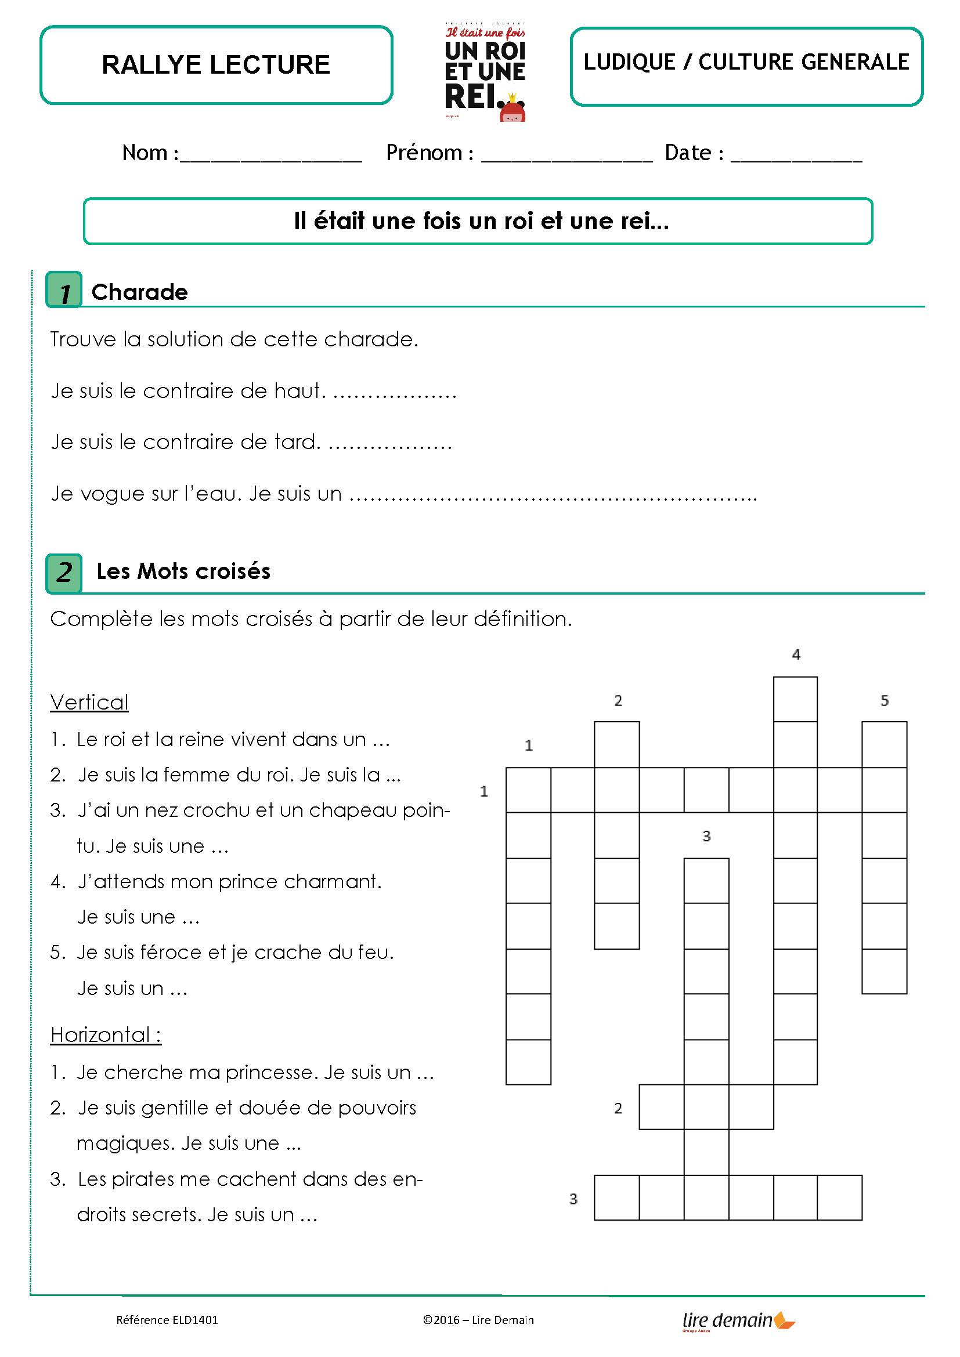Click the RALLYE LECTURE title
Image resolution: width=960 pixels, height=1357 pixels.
(x=216, y=65)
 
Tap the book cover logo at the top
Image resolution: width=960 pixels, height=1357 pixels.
(x=485, y=72)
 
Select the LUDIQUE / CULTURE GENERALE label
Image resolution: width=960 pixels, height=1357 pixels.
(x=746, y=62)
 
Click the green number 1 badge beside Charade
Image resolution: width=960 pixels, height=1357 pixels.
(x=64, y=290)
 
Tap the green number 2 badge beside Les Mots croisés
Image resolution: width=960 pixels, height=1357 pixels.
(x=64, y=573)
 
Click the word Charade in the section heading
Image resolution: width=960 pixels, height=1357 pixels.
(x=139, y=292)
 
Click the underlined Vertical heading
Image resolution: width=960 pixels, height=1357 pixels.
(x=89, y=702)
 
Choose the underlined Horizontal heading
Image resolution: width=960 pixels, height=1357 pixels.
(x=105, y=1035)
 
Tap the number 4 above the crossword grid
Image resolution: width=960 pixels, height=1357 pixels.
(x=796, y=655)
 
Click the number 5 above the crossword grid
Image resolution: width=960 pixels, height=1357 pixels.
(x=885, y=701)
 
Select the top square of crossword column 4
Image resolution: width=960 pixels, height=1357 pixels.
(x=796, y=699)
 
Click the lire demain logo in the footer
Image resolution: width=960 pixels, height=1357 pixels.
(x=738, y=1320)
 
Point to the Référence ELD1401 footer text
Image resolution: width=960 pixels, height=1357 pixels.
(x=167, y=1320)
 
